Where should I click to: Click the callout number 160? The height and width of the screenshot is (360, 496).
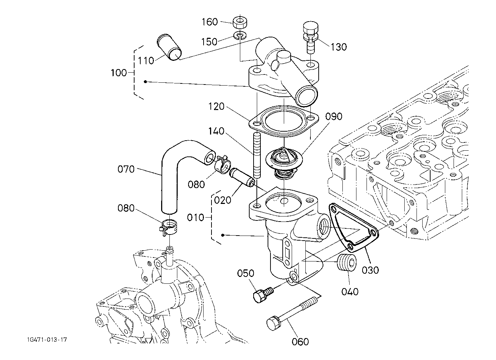[210, 22]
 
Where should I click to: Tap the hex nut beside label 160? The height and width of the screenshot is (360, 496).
[240, 22]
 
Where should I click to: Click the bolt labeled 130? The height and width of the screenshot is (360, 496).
[310, 37]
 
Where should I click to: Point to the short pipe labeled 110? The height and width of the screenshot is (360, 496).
[169, 47]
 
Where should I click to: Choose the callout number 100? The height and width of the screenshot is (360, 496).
[118, 73]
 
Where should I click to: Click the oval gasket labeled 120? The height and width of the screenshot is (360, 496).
[284, 121]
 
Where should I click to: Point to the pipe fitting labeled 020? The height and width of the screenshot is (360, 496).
[242, 177]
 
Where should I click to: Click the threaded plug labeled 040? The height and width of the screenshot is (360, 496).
[346, 266]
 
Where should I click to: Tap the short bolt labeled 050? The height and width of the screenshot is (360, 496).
[263, 294]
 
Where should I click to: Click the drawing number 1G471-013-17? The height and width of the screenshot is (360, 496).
[47, 340]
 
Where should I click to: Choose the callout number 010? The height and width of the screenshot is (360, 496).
[195, 218]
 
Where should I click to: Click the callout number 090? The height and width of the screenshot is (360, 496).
[334, 116]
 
